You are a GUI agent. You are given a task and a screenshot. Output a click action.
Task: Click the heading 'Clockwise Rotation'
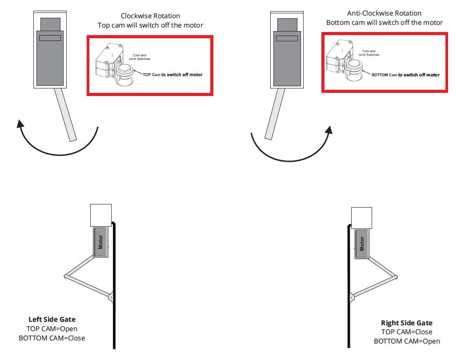150,16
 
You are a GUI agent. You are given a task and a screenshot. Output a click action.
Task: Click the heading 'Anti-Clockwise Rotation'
384,13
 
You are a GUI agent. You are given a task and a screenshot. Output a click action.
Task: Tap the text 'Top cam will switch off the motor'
150,25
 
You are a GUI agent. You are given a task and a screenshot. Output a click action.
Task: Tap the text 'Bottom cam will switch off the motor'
384,23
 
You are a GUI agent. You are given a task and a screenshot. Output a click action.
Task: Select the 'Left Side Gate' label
52,319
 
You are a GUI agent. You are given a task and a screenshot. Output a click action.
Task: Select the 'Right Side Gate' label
406,323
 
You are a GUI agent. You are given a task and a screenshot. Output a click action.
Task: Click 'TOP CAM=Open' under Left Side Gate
52,329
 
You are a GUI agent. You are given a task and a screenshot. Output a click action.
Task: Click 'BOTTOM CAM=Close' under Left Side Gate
52,338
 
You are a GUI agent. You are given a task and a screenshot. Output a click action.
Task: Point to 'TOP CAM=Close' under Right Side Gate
406,332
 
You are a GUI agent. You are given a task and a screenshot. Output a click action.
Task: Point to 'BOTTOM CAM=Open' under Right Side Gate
406,341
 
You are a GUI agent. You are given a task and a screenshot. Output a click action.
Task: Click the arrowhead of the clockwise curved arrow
20,123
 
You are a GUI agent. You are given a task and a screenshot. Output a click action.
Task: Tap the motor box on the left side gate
101,242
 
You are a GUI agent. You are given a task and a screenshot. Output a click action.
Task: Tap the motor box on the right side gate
362,244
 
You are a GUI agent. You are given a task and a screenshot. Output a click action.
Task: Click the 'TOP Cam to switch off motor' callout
172,75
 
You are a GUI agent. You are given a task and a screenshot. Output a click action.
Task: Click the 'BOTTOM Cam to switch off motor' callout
405,75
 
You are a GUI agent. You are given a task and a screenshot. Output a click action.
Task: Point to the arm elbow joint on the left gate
66,276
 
